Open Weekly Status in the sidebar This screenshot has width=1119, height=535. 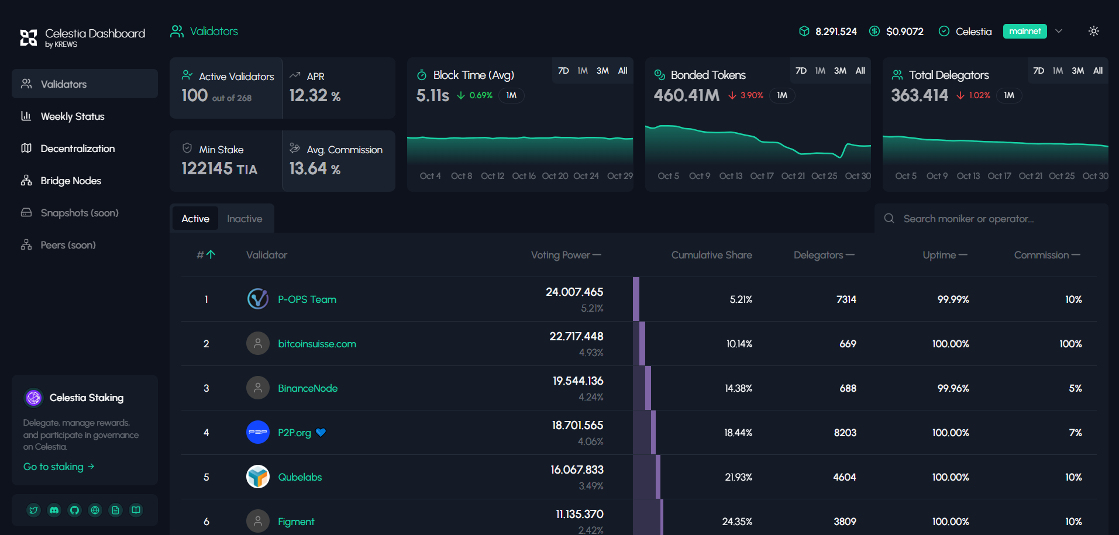pos(72,116)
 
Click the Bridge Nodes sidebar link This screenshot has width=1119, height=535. pos(71,181)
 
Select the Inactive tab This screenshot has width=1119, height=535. pos(245,219)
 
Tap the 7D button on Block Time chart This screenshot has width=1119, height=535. pos(563,71)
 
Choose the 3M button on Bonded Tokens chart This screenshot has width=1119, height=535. pos(840,71)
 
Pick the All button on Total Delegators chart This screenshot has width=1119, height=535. pos(1098,71)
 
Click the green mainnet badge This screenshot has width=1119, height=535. pos(1025,31)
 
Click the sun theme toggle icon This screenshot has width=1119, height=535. pos(1094,31)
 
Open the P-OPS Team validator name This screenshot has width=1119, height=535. pos(307,299)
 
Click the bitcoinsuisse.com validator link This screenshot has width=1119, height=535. pos(317,344)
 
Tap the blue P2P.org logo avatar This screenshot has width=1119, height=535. pos(258,433)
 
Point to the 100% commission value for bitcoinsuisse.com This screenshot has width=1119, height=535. pos(1070,344)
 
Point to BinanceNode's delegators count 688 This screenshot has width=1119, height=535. pos(848,388)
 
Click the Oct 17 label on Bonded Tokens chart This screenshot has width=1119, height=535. pos(762,176)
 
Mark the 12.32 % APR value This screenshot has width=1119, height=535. pos(315,95)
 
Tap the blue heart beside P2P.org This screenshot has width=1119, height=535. pos(321,433)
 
